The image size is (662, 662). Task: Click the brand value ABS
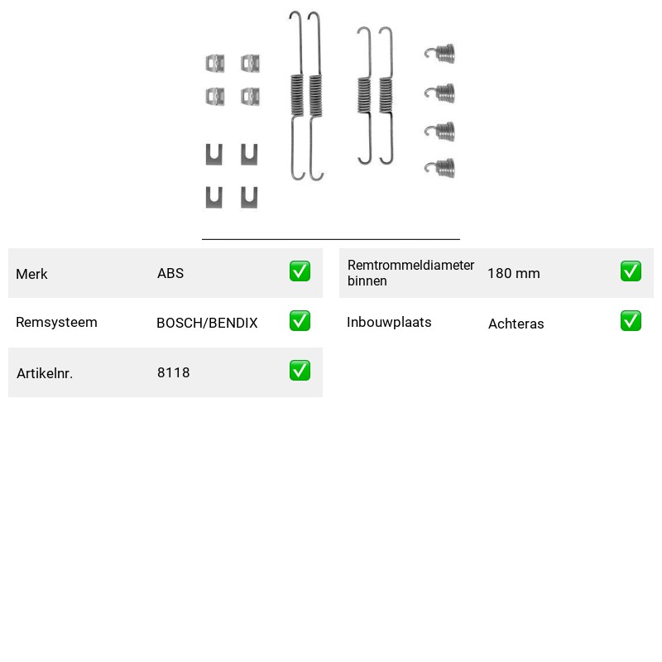(170, 273)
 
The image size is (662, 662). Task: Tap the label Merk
(31, 274)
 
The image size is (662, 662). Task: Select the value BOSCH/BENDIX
(207, 323)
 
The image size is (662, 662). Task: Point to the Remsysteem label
(56, 322)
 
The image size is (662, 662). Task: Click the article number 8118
(173, 372)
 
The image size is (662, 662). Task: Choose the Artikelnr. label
(45, 373)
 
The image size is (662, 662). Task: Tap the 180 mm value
(513, 273)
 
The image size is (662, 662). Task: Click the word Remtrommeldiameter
(410, 265)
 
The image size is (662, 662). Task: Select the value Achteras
(516, 324)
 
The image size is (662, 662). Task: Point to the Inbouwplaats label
(389, 322)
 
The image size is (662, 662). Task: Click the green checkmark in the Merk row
(300, 271)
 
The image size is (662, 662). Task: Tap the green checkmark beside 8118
(300, 370)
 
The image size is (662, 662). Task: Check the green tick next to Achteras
(631, 321)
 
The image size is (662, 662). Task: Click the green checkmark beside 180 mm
(631, 271)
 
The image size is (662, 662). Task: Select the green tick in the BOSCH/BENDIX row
(300, 321)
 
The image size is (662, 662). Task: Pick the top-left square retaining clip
(215, 64)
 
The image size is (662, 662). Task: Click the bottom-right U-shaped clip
(249, 198)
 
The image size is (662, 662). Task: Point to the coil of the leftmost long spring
(297, 94)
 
